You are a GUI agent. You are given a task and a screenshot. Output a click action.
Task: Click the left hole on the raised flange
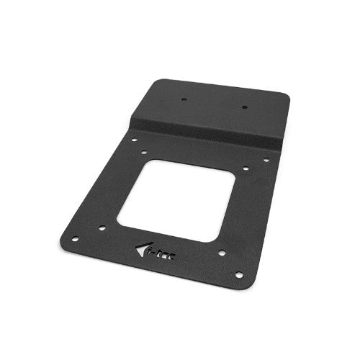pyautogui.click(x=184, y=100)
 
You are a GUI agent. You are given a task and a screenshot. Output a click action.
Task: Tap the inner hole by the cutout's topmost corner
pyautogui.click(x=145, y=153)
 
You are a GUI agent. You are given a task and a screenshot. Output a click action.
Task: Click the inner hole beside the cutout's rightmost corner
pyautogui.click(x=246, y=168)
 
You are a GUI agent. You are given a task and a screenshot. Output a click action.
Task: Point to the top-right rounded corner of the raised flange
pyautogui.click(x=286, y=96)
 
